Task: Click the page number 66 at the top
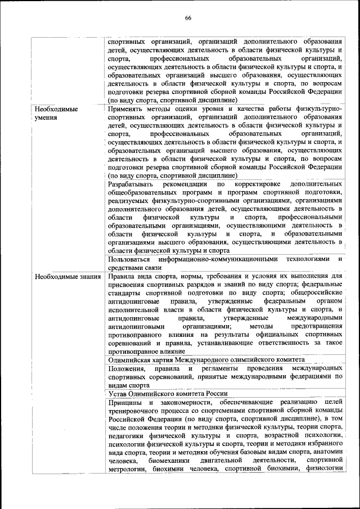click(x=188, y=18)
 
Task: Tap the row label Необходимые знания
click(x=67, y=276)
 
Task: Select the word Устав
click(x=119, y=394)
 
